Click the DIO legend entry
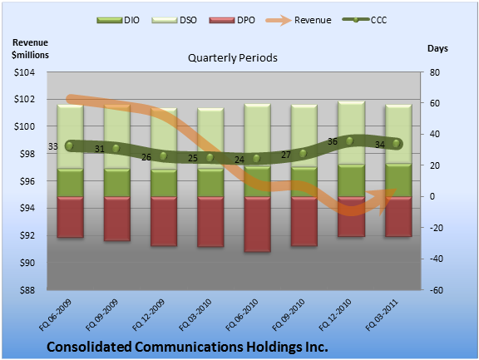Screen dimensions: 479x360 (x=118, y=20)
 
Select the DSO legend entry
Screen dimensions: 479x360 (x=174, y=20)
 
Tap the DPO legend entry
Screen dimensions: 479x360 (x=232, y=20)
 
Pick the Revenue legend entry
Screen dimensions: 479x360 (x=299, y=20)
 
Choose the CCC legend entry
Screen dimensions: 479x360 (x=364, y=20)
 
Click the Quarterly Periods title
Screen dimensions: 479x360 (x=233, y=57)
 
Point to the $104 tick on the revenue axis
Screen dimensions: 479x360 (x=24, y=72)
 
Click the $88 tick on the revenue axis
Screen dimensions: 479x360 (x=27, y=290)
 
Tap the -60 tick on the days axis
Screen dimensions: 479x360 (x=436, y=290)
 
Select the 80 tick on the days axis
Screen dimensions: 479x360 (x=435, y=72)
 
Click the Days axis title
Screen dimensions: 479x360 (x=437, y=48)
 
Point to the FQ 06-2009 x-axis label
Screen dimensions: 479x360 (x=55, y=315)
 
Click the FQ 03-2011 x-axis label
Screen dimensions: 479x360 (x=382, y=315)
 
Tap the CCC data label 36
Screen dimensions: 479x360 (x=333, y=141)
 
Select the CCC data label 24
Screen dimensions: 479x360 (x=239, y=160)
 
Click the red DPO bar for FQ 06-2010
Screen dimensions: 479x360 (x=257, y=224)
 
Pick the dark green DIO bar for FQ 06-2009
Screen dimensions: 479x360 (x=70, y=183)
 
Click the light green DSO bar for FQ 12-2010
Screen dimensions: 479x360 (x=351, y=133)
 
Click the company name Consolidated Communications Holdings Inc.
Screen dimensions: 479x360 (x=187, y=347)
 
